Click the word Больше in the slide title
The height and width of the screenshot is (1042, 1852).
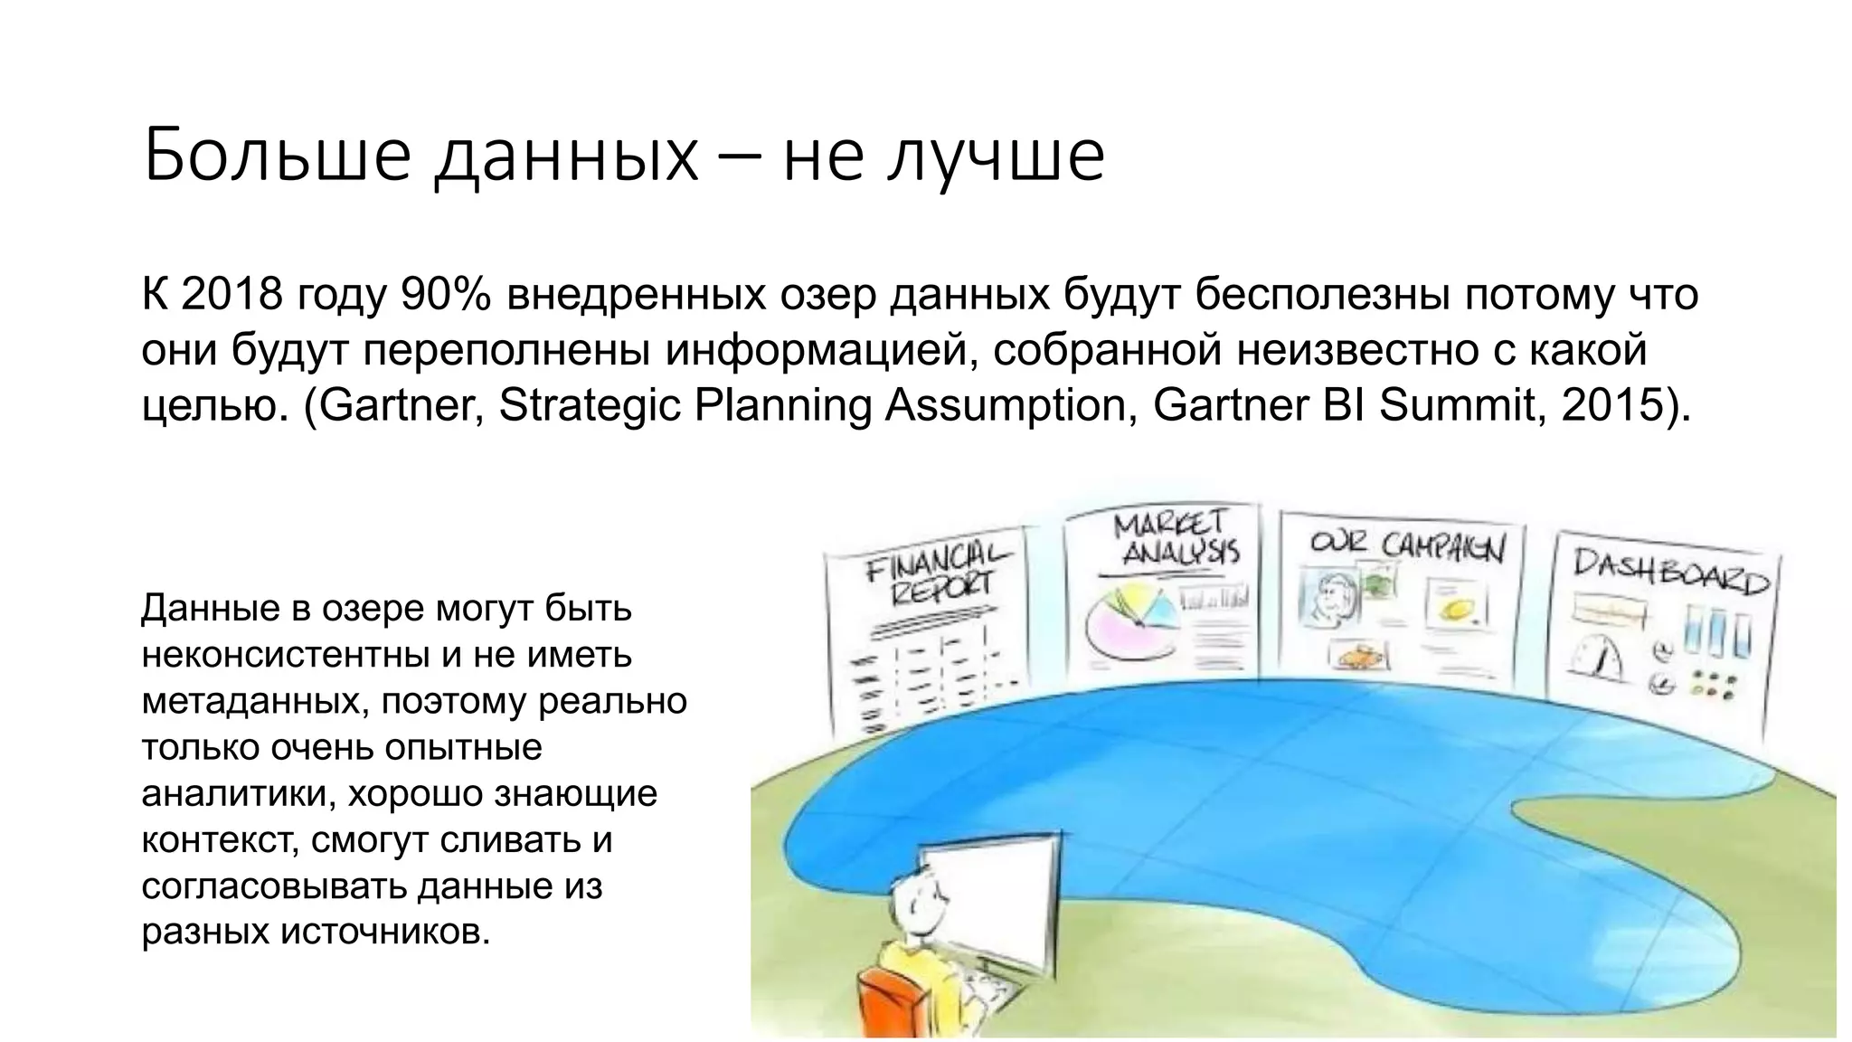tap(276, 156)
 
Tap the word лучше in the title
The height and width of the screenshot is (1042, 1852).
tap(995, 156)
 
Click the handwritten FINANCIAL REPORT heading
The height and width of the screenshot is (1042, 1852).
tap(937, 574)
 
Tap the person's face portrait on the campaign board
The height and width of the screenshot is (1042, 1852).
tap(1330, 598)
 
